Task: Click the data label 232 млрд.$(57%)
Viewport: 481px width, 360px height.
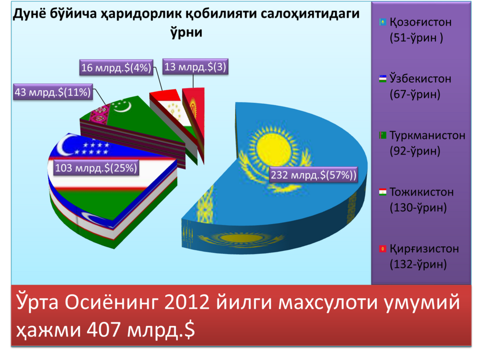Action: tap(314, 175)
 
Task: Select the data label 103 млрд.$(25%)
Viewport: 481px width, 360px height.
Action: tap(96, 168)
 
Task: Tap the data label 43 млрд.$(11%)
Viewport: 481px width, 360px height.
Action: tap(53, 92)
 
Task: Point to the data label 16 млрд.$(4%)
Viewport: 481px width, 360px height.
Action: tap(116, 68)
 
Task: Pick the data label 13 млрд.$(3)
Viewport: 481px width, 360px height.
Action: tap(195, 67)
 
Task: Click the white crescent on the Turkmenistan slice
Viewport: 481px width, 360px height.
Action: tap(121, 106)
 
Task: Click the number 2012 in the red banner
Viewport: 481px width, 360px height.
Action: tap(186, 302)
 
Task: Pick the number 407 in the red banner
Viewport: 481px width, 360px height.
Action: tap(103, 330)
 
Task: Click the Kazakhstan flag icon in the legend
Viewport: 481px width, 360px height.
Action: tap(382, 22)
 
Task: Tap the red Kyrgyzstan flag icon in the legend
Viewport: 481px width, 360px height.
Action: tap(382, 249)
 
